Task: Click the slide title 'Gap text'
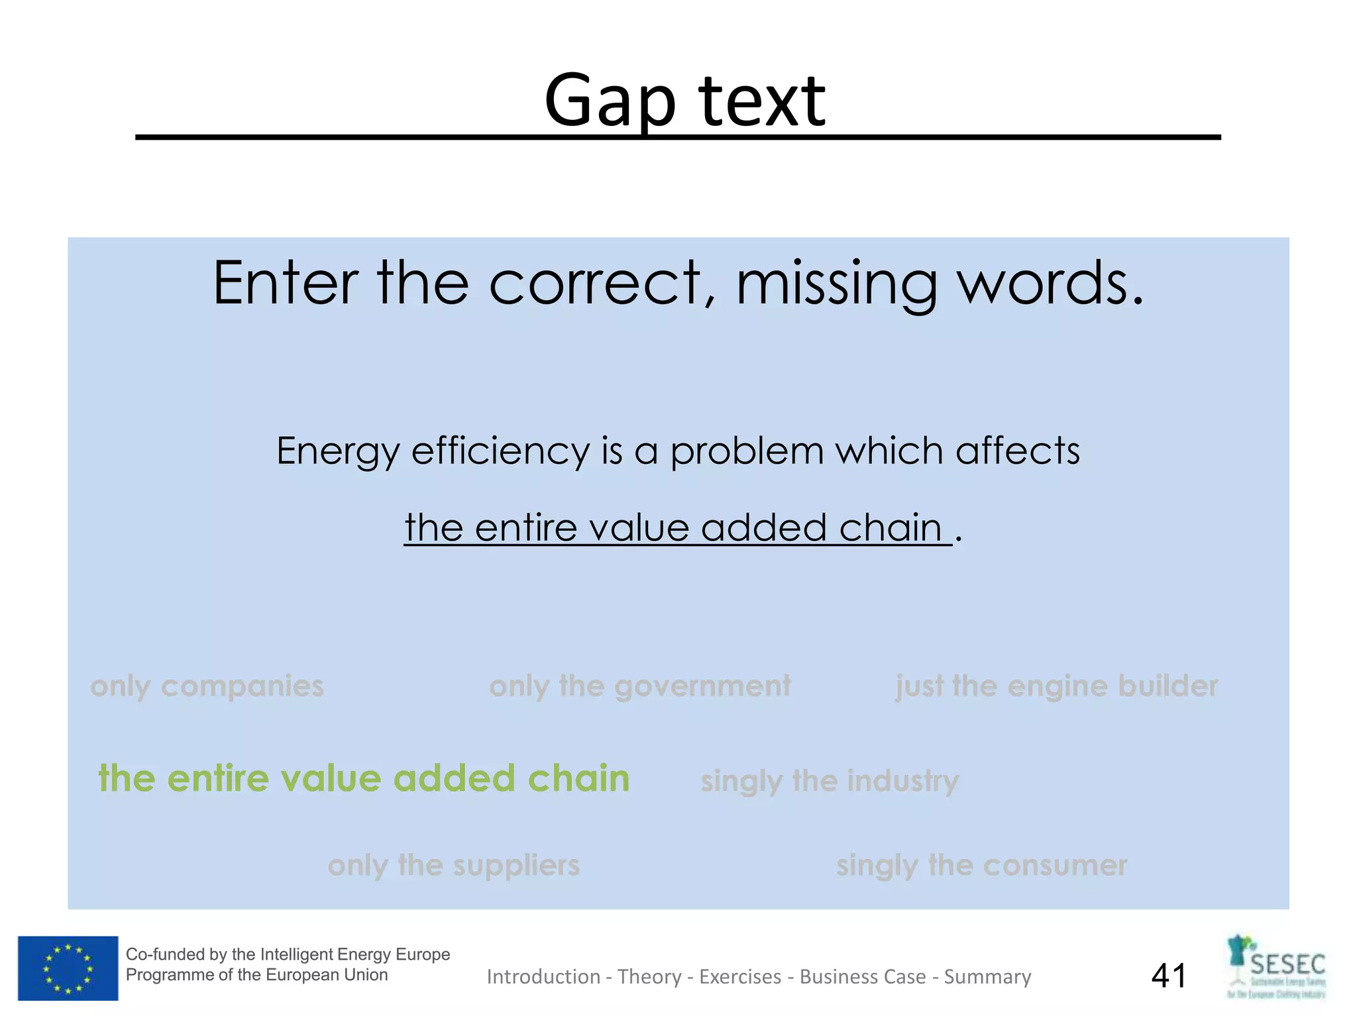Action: [x=684, y=101]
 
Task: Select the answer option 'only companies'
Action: [x=207, y=686]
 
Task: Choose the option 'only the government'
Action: [x=639, y=686]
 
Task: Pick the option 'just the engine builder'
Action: [x=1056, y=686]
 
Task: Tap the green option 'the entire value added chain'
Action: [x=364, y=778]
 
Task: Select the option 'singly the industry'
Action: [x=830, y=781]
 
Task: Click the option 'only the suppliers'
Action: [x=453, y=865]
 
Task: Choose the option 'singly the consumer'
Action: [x=981, y=865]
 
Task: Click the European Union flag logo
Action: [x=68, y=968]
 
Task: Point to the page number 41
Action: [x=1169, y=976]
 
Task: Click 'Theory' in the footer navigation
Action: [x=649, y=977]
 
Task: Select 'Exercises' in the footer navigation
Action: [x=740, y=977]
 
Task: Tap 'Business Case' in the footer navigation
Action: [x=863, y=977]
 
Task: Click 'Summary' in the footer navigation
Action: [x=987, y=977]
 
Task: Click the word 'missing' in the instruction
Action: [x=836, y=284]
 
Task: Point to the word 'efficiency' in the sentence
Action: [x=500, y=451]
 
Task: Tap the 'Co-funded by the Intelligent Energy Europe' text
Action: [x=288, y=954]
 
